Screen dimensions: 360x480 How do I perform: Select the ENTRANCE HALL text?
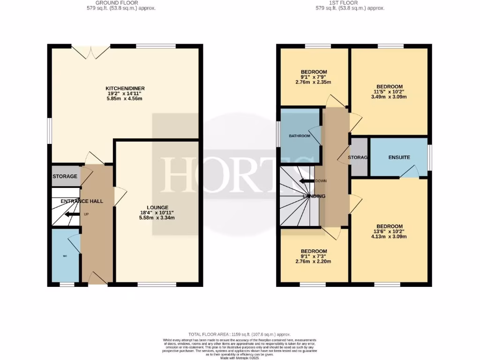point(81,201)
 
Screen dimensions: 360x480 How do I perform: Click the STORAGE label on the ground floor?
point(65,176)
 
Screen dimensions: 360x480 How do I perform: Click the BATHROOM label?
point(300,136)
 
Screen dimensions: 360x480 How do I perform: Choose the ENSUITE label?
point(399,157)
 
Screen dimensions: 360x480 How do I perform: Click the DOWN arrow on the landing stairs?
point(307,181)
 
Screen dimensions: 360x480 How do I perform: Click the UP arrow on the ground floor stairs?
point(72,214)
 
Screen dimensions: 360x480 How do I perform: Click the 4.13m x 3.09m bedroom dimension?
point(389,237)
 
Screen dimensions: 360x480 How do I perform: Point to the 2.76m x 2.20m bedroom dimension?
point(314,262)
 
